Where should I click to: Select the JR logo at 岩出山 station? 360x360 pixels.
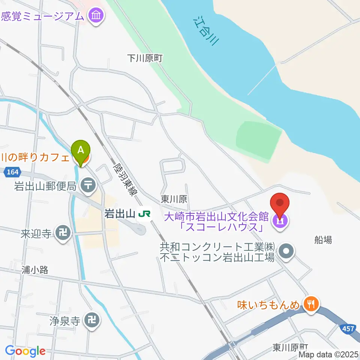coord(144,214)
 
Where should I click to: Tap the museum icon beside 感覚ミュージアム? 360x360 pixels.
coord(96,16)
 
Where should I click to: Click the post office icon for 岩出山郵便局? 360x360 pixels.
coord(89,185)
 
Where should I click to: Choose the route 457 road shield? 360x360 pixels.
coord(348,329)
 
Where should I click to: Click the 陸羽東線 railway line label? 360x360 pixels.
coord(125,180)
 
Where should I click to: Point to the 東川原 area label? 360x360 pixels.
coord(174,199)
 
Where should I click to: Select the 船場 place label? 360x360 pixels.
coord(323,240)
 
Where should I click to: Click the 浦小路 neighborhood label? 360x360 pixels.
coord(35,270)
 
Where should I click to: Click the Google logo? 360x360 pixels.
coord(25,351)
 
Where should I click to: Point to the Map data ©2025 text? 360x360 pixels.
coord(329,354)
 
